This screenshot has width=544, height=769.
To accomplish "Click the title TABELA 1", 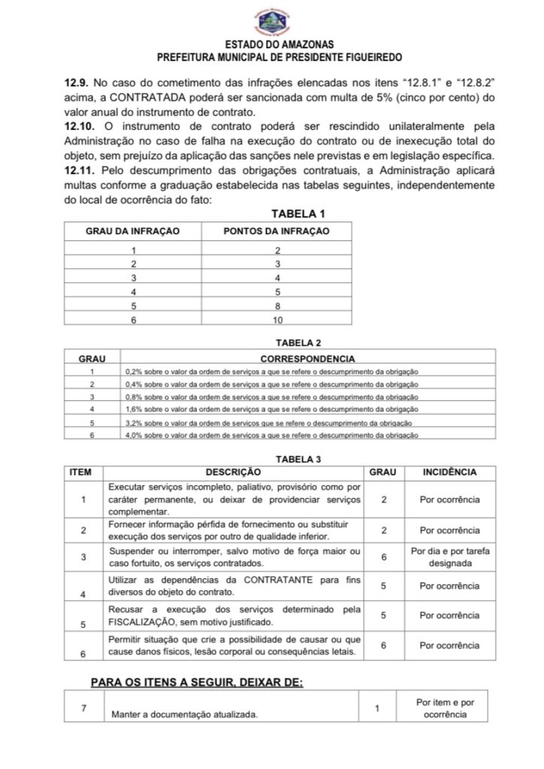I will (x=303, y=214).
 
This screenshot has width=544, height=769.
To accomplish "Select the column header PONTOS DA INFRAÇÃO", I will (x=277, y=231).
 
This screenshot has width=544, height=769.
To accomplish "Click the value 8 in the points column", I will (x=277, y=305).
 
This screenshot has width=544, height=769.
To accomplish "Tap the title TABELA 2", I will (x=299, y=342).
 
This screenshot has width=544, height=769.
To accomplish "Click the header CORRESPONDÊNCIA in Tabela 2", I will (x=307, y=358).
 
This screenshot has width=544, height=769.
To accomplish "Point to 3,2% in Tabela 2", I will (x=133, y=422).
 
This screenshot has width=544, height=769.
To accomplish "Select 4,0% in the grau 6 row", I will (x=133, y=435).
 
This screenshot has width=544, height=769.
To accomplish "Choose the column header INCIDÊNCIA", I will (x=449, y=472).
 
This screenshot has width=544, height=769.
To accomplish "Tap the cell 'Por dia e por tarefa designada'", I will (x=449, y=557).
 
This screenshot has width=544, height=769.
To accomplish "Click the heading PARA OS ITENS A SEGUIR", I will (x=197, y=682).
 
